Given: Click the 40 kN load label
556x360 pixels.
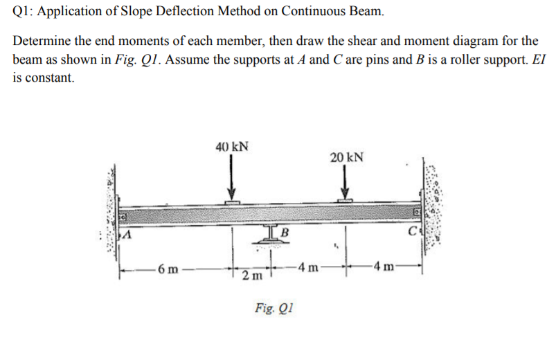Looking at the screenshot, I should coord(233,147).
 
